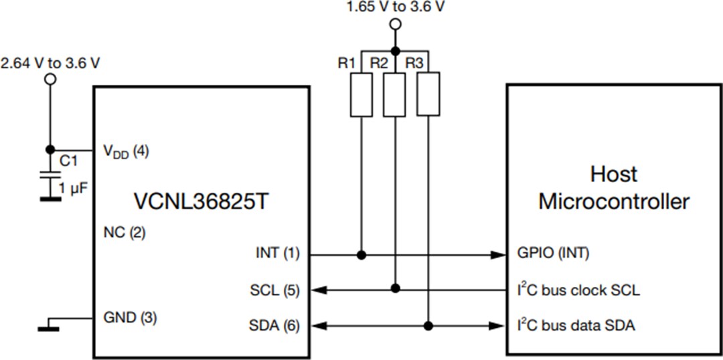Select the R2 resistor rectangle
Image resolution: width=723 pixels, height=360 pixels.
pos(395,95)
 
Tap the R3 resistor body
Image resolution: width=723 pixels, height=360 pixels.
pos(428,95)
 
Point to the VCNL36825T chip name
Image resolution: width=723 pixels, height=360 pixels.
pos(200,201)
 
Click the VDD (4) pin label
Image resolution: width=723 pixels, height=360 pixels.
pos(126,151)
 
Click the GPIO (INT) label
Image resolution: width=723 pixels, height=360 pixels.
pos(553,254)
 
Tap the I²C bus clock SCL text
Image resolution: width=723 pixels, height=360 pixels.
pos(577,290)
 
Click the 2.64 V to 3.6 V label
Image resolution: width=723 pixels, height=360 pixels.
pos(51,64)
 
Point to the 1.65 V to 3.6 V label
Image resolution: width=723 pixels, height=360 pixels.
pos(396,8)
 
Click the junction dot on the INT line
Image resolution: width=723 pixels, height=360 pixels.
pos(362,255)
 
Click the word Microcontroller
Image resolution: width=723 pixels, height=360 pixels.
pos(613,201)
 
